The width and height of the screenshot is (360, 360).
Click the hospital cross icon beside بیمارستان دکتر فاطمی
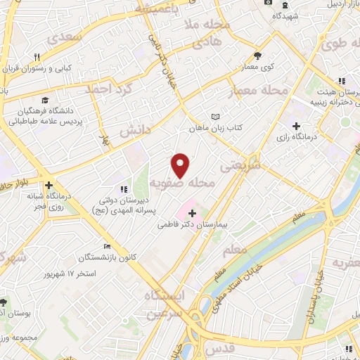point(193,212)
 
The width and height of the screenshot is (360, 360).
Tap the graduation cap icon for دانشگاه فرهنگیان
point(45,100)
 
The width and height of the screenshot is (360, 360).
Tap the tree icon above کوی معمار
point(258,56)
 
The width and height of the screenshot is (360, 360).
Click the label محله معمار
point(259,91)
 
